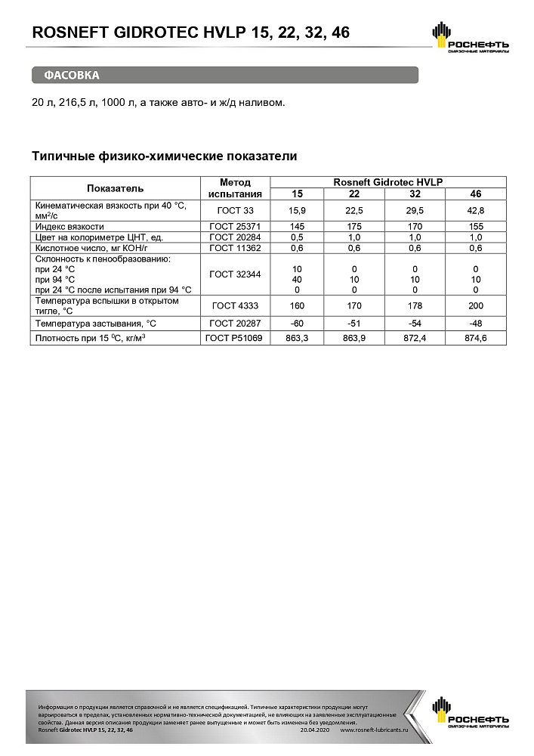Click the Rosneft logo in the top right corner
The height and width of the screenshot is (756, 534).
(x=469, y=38)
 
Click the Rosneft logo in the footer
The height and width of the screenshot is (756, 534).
(x=469, y=714)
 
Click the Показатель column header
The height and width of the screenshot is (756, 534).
(x=115, y=188)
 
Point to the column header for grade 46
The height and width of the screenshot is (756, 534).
(x=476, y=194)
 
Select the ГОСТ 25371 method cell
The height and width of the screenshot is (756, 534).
(x=234, y=226)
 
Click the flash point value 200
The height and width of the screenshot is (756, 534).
(x=476, y=307)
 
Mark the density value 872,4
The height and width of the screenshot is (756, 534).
(x=414, y=338)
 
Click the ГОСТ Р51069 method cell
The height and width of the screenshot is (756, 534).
(x=234, y=338)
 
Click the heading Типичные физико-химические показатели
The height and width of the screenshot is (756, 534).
(x=164, y=156)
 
